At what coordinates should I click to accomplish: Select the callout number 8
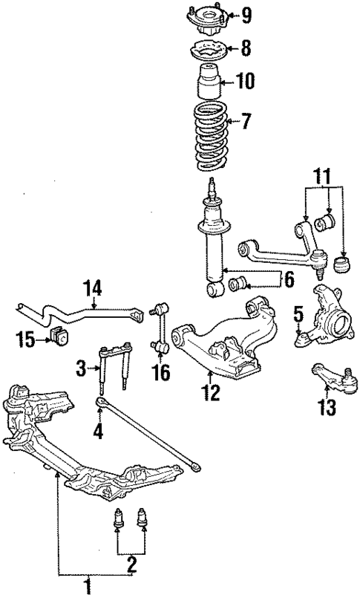pyautogui.click(x=246, y=50)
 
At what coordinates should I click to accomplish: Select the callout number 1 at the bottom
pyautogui.click(x=88, y=587)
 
